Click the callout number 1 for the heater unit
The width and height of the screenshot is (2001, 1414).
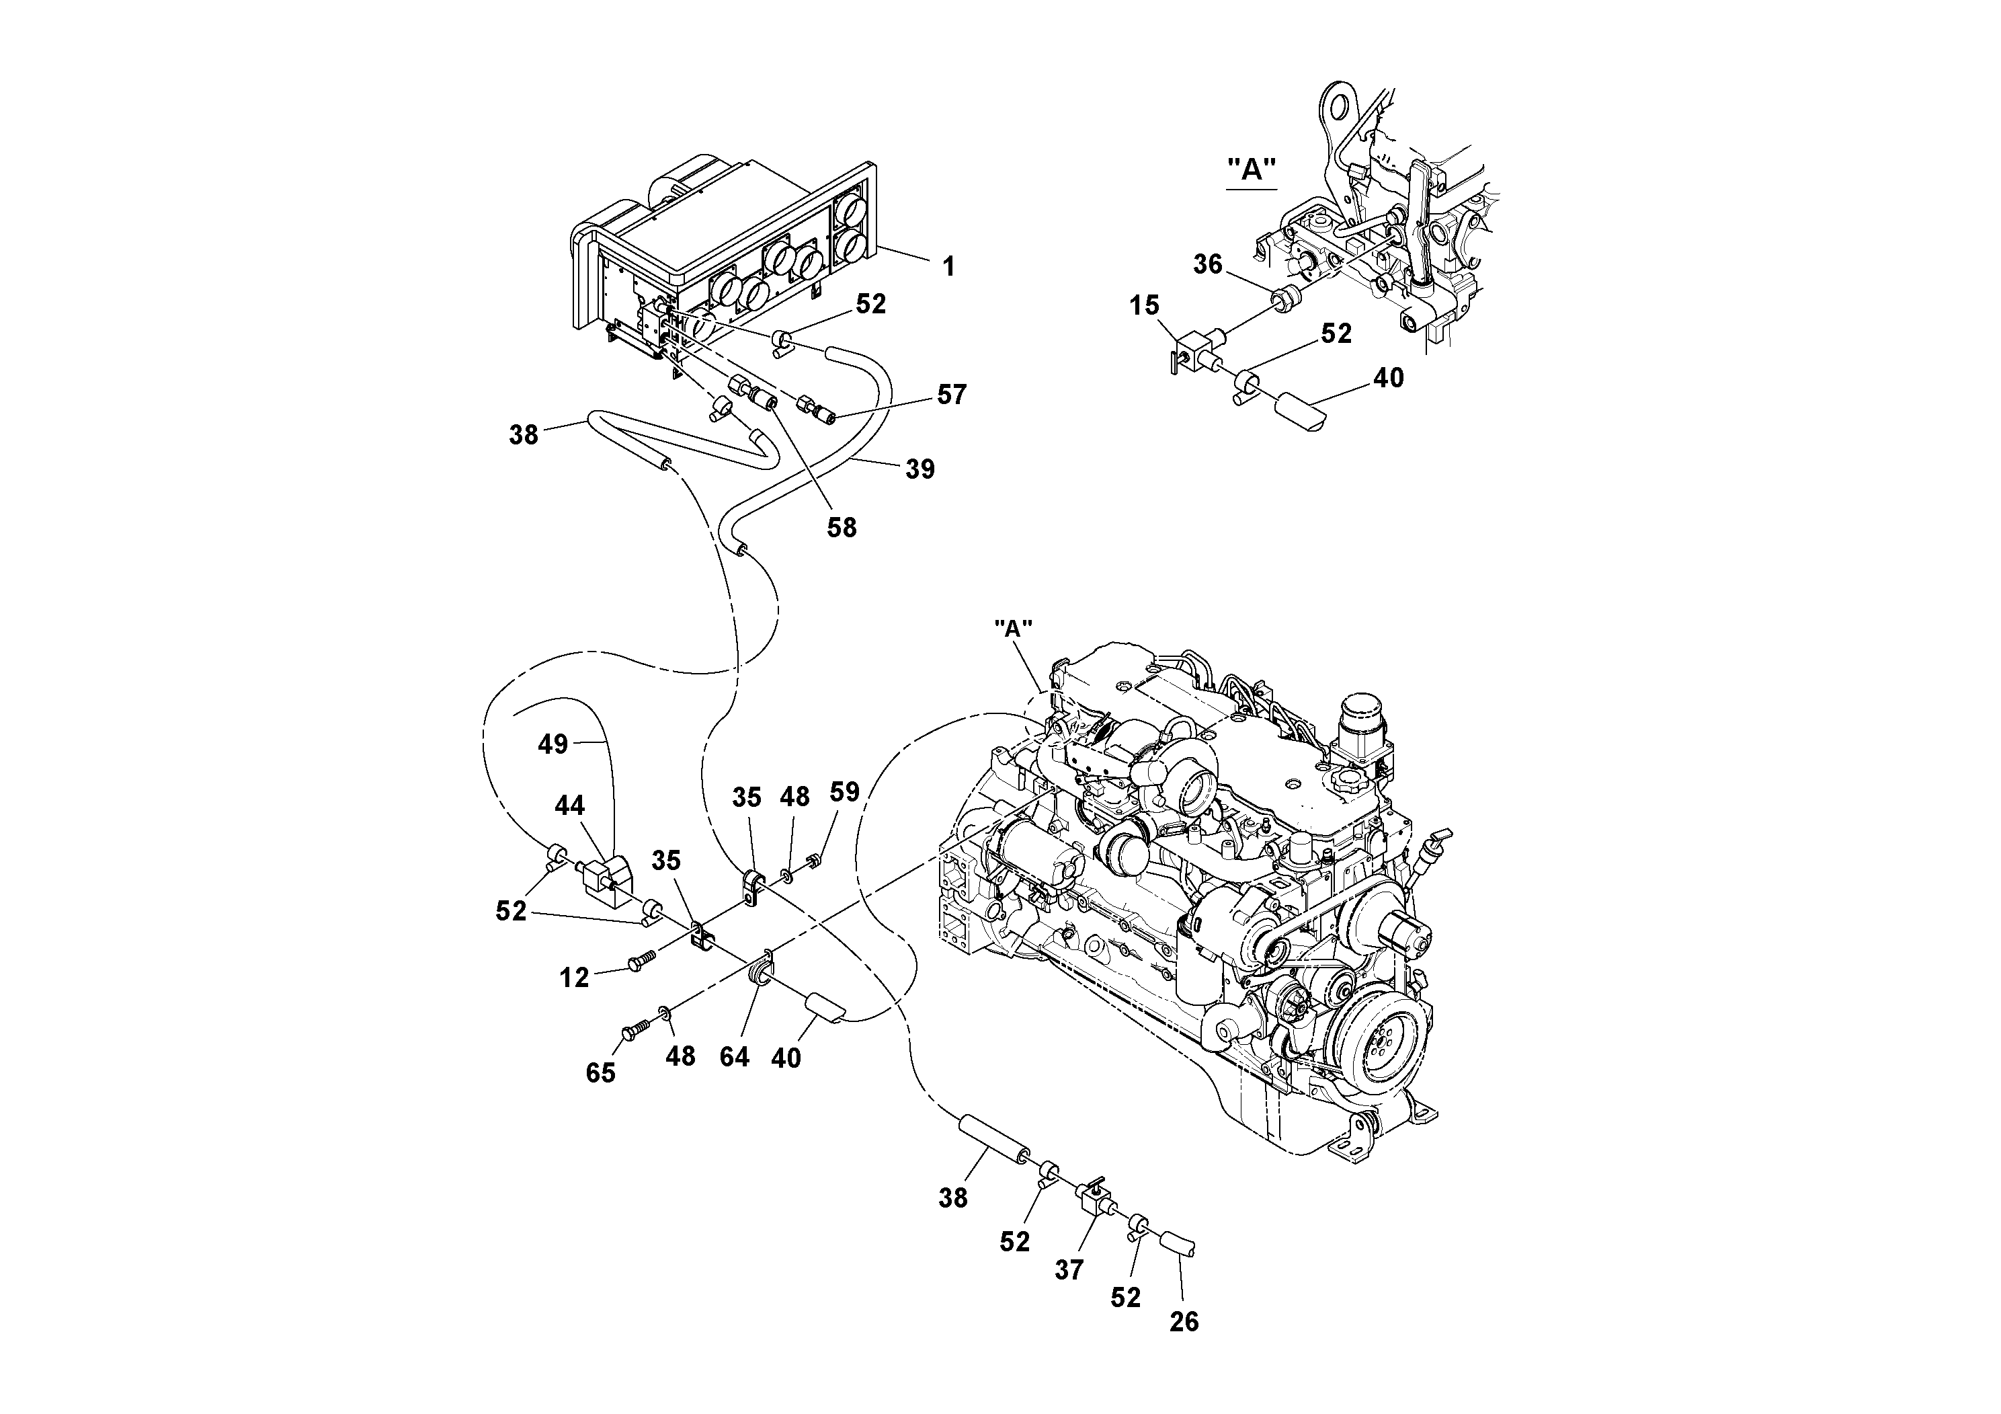pyautogui.click(x=949, y=267)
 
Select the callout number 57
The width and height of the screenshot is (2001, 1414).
pyautogui.click(x=952, y=395)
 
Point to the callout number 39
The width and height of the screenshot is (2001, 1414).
pyautogui.click(x=920, y=469)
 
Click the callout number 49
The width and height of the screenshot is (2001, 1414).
pyautogui.click(x=553, y=744)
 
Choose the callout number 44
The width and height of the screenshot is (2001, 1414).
pyautogui.click(x=569, y=805)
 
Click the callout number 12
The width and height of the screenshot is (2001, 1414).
pyautogui.click(x=574, y=978)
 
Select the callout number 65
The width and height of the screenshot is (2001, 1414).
pyautogui.click(x=600, y=1073)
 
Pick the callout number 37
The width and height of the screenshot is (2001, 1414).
pyautogui.click(x=1069, y=1270)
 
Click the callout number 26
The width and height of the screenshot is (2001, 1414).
pyautogui.click(x=1184, y=1322)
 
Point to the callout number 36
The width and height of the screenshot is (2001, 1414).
pyautogui.click(x=1207, y=264)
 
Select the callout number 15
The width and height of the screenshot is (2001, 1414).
pyautogui.click(x=1144, y=305)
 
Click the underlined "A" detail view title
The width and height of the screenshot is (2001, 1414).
pyautogui.click(x=1252, y=170)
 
